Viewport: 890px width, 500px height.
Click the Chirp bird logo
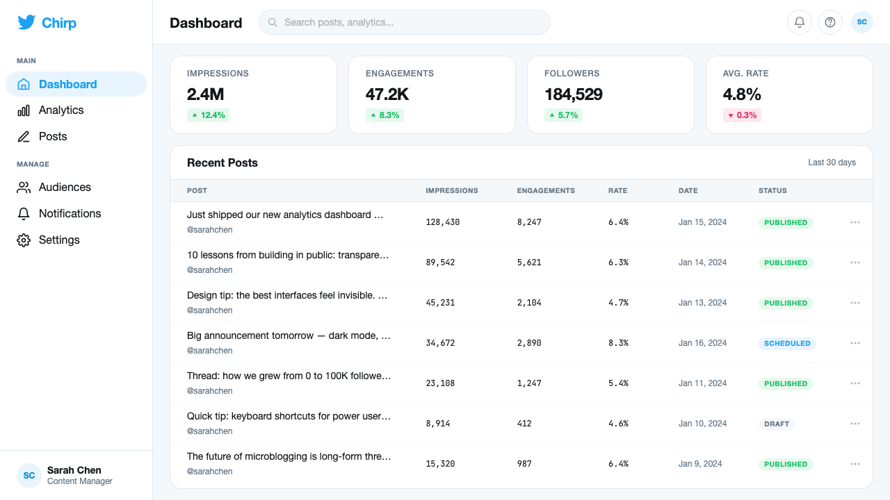tap(26, 23)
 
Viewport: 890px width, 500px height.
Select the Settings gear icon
tap(24, 240)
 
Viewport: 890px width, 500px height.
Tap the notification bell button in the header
tap(800, 22)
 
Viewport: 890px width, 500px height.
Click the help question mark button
tap(830, 22)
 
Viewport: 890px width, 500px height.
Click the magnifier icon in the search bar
tap(273, 22)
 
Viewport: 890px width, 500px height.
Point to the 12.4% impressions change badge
tap(208, 115)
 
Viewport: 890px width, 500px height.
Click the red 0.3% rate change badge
tap(742, 115)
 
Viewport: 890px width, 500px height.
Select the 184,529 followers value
tap(574, 94)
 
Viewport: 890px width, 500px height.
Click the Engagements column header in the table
tap(546, 190)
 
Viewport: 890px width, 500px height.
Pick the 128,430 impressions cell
tap(443, 222)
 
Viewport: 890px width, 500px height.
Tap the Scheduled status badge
tap(787, 343)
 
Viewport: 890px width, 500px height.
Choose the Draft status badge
tap(777, 424)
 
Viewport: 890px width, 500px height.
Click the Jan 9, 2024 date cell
tap(700, 464)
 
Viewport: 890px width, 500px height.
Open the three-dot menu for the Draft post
tap(855, 424)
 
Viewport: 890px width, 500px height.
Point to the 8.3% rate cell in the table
tap(618, 343)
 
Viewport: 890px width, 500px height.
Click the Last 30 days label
tap(832, 162)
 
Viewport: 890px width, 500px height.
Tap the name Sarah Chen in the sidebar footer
tap(74, 470)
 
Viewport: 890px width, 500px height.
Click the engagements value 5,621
tap(529, 262)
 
